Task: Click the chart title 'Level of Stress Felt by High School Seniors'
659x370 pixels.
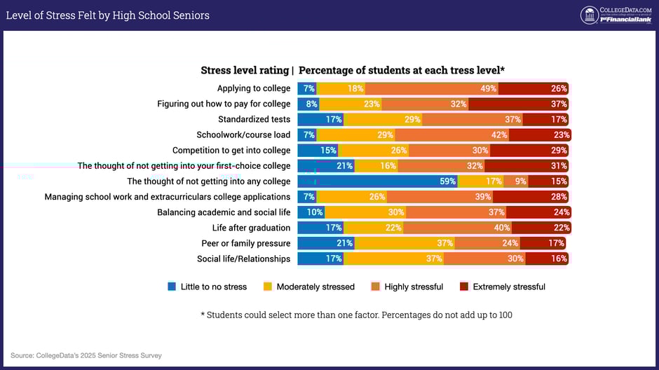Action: (107, 15)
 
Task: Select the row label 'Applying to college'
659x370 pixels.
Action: (254, 88)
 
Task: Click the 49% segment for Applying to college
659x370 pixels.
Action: (432, 88)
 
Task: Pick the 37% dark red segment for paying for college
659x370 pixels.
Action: (518, 104)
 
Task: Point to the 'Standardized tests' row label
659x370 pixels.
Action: (254, 119)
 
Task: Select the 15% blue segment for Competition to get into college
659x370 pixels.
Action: (318, 150)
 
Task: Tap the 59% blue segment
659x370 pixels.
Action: (378, 181)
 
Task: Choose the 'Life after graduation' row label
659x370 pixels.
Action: (251, 228)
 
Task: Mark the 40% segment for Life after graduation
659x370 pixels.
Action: (457, 228)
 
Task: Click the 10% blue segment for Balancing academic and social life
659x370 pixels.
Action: (311, 212)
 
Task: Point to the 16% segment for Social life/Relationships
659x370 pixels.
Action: (547, 259)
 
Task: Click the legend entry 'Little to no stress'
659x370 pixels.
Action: (208, 287)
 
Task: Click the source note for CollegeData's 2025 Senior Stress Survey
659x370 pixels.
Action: (86, 355)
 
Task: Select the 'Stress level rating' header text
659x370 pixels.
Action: (245, 70)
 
